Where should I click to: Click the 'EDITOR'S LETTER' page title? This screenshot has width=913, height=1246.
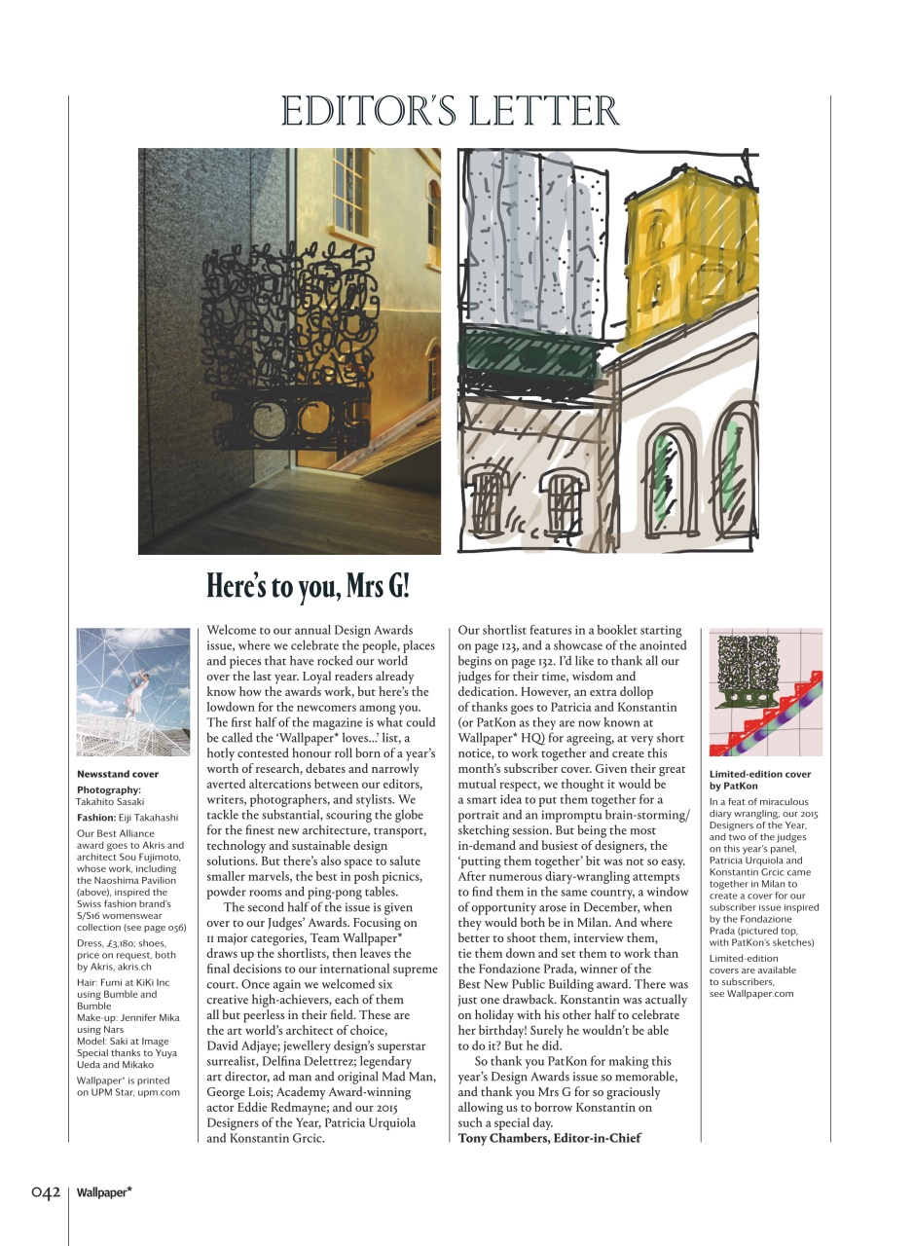(450, 111)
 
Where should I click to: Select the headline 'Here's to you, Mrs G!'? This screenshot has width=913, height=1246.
(309, 587)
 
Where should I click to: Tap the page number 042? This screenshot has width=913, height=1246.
(46, 1192)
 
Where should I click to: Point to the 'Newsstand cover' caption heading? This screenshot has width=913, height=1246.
(117, 774)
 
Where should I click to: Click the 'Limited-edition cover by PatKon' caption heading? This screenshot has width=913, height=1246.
(759, 779)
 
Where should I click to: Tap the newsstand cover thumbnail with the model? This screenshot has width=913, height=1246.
(133, 692)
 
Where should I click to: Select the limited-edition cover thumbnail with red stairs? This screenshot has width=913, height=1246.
(765, 692)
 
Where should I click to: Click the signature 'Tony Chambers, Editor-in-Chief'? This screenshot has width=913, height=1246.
(549, 1138)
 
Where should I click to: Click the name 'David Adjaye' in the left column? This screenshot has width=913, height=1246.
(245, 1045)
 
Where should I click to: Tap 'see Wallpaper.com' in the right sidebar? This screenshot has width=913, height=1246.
(751, 993)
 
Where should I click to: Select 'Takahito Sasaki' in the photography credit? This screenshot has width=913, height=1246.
(110, 801)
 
